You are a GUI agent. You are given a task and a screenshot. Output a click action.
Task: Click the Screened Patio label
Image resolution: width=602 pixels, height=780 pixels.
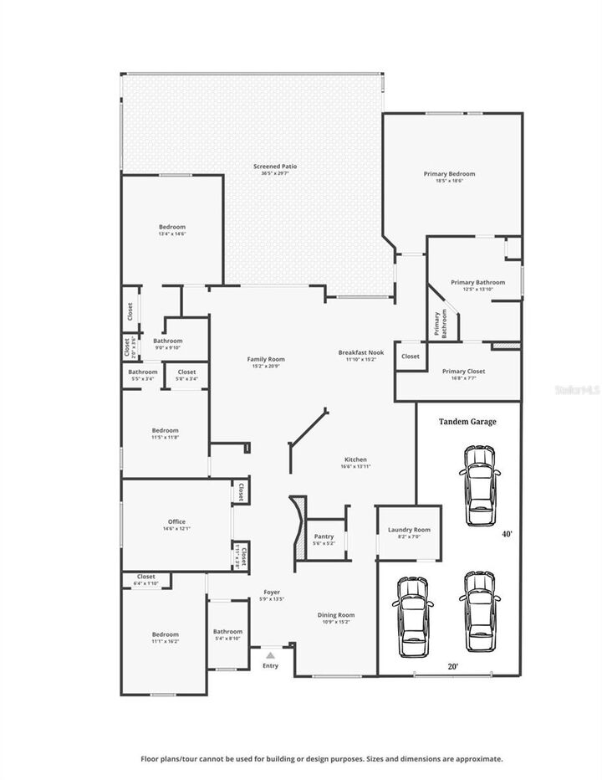coord(275,167)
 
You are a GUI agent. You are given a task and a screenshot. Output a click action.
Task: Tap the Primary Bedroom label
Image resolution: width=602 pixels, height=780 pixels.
coord(449,173)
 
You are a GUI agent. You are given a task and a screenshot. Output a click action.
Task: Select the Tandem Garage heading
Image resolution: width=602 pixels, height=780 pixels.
coord(467,422)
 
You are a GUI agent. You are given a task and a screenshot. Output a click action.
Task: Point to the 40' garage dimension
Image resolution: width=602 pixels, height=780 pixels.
coord(507,534)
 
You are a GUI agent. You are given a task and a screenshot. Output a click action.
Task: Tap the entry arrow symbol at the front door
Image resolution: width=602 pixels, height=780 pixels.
coord(270,656)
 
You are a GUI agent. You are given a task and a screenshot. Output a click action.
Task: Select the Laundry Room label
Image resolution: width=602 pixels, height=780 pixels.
coord(409,530)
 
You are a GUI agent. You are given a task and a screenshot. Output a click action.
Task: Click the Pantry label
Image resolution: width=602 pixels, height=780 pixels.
coord(324,536)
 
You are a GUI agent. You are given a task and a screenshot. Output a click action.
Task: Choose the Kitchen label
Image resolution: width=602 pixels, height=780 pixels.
coord(355,459)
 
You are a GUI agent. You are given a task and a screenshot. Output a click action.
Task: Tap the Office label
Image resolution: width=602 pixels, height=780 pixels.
coord(176,521)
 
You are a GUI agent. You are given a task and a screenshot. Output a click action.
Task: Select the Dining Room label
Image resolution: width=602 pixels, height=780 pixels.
coord(336,615)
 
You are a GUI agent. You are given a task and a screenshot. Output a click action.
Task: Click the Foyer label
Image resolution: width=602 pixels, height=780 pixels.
coord(272,592)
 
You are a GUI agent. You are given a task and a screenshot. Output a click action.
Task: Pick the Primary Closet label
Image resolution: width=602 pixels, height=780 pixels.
coord(463,371)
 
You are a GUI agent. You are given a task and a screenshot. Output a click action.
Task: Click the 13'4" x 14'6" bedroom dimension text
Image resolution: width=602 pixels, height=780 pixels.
coord(172,234)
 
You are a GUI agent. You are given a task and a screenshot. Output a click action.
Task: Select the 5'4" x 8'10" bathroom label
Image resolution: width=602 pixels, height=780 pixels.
coord(227,639)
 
